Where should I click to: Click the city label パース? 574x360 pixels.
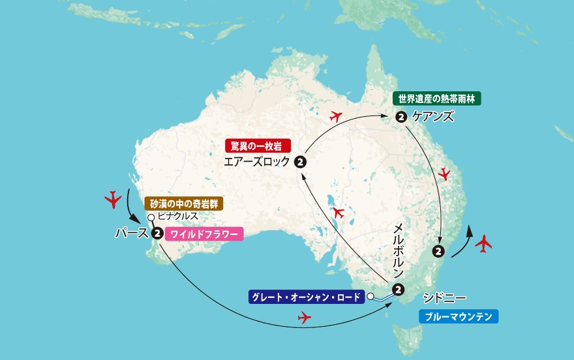pyautogui.click(x=131, y=233)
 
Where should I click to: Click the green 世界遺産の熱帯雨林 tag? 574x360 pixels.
pyautogui.click(x=436, y=99)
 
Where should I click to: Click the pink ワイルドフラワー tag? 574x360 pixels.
pyautogui.click(x=204, y=233)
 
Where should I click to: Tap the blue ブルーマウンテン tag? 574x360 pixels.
pyautogui.click(x=458, y=317)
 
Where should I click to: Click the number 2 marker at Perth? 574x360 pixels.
pyautogui.click(x=157, y=233)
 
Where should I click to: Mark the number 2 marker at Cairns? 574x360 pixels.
pyautogui.click(x=401, y=117)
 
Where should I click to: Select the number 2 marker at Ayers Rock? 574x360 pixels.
pyautogui.click(x=299, y=162)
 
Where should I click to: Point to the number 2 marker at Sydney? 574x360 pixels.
pyautogui.click(x=439, y=250)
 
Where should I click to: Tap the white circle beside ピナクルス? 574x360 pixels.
pyautogui.click(x=151, y=218)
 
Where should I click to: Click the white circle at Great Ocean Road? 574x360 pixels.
pyautogui.click(x=370, y=297)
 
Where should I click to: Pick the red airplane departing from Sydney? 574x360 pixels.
pyautogui.click(x=483, y=244)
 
